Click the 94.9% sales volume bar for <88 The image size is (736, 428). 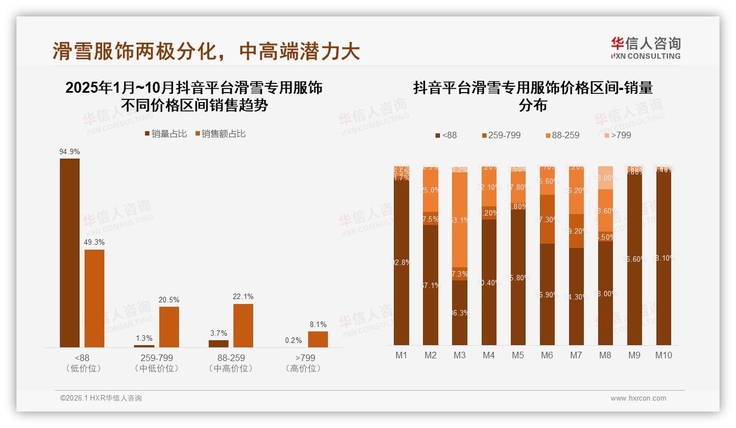click(70, 252)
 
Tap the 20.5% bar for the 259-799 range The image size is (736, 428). click(169, 326)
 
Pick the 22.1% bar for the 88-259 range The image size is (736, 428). click(243, 325)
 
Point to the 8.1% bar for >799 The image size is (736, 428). click(317, 339)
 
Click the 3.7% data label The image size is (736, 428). click(218, 333)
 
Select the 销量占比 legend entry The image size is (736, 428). click(165, 133)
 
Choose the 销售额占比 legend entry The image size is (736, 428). click(220, 133)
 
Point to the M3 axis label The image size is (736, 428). click(460, 355)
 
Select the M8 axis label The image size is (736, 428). click(605, 355)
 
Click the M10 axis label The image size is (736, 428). click(663, 355)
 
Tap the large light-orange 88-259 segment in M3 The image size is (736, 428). click(460, 219)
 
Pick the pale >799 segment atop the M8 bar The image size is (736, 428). click(605, 178)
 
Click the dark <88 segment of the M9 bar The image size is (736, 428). click(634, 258)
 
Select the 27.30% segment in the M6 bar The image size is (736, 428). click(547, 219)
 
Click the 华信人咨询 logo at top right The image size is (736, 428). click(645, 47)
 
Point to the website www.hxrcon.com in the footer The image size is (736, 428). click(638, 398)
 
